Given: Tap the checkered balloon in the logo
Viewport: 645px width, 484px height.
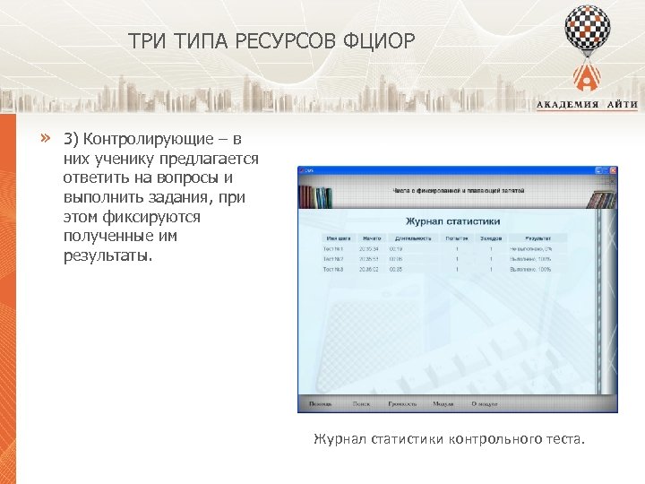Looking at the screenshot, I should (588, 28).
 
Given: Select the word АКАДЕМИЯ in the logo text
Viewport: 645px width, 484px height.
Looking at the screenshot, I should (566, 105).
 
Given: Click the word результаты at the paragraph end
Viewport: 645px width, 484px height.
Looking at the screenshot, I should (108, 255).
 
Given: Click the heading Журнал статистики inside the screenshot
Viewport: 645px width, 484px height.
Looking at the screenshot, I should (453, 220).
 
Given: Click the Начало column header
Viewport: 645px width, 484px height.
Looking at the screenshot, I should (372, 238).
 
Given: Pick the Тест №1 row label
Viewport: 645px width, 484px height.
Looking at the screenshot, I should (332, 248).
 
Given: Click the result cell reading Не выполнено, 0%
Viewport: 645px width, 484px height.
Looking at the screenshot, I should (531, 248).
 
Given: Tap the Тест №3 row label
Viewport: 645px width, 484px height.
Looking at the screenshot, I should (332, 268).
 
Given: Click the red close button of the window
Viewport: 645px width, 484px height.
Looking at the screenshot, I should (613, 170).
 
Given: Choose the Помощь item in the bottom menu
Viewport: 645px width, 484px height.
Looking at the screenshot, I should (320, 404).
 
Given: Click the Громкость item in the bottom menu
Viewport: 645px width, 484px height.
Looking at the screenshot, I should (402, 404).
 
